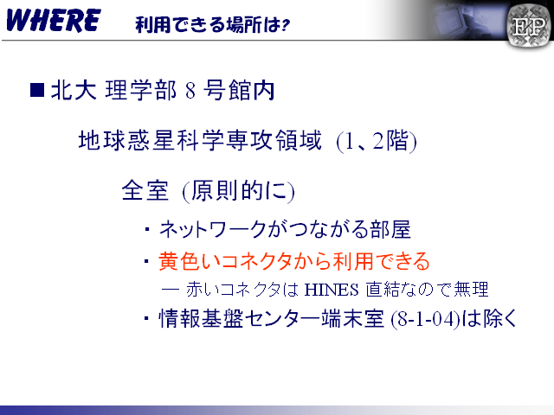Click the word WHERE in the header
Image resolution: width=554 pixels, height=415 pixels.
(54, 21)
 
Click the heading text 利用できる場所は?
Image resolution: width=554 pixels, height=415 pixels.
(213, 25)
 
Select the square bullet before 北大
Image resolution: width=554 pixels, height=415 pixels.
(37, 90)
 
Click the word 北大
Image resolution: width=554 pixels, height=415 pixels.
(74, 90)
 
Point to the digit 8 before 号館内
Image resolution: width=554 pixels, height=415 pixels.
(190, 90)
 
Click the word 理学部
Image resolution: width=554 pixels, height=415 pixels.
(140, 90)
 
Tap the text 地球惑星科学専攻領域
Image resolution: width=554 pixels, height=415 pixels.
(200, 140)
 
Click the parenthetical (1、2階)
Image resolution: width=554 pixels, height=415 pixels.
(377, 141)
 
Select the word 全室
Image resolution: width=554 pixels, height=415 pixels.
(145, 190)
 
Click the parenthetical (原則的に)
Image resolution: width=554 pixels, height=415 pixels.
(239, 191)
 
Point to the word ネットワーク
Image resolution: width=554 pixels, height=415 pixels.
(213, 229)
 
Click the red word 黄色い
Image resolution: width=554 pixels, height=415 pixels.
(190, 261)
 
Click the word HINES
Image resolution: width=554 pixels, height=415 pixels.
(332, 290)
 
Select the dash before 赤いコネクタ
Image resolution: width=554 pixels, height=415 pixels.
(171, 290)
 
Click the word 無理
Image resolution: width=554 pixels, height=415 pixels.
(471, 290)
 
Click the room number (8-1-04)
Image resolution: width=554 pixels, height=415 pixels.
(426, 319)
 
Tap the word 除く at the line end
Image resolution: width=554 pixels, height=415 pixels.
(499, 318)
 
